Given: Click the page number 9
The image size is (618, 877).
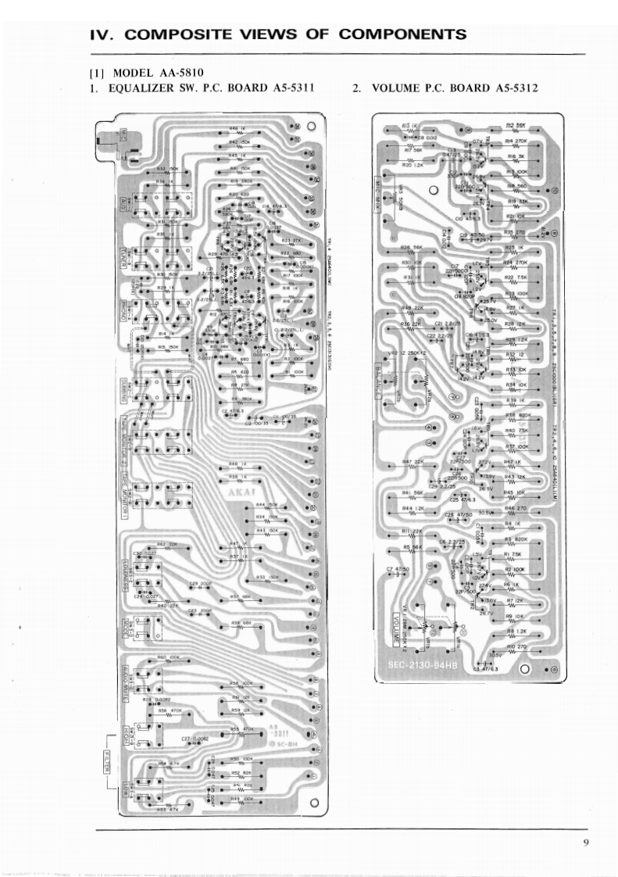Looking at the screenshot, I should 585,842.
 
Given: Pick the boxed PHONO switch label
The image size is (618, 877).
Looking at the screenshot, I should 123,307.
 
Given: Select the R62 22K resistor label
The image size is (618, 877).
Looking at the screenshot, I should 167,544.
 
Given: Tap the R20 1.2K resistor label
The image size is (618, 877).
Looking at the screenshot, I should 413,165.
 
